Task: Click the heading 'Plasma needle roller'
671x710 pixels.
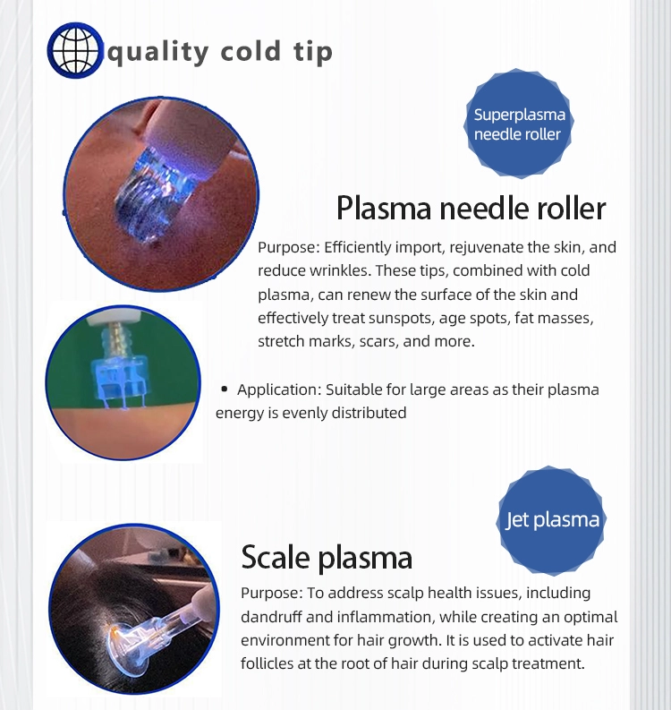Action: (471, 208)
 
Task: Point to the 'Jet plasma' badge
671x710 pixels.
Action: (552, 520)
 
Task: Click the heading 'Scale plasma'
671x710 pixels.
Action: (327, 558)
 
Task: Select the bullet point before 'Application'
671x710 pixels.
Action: (225, 389)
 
